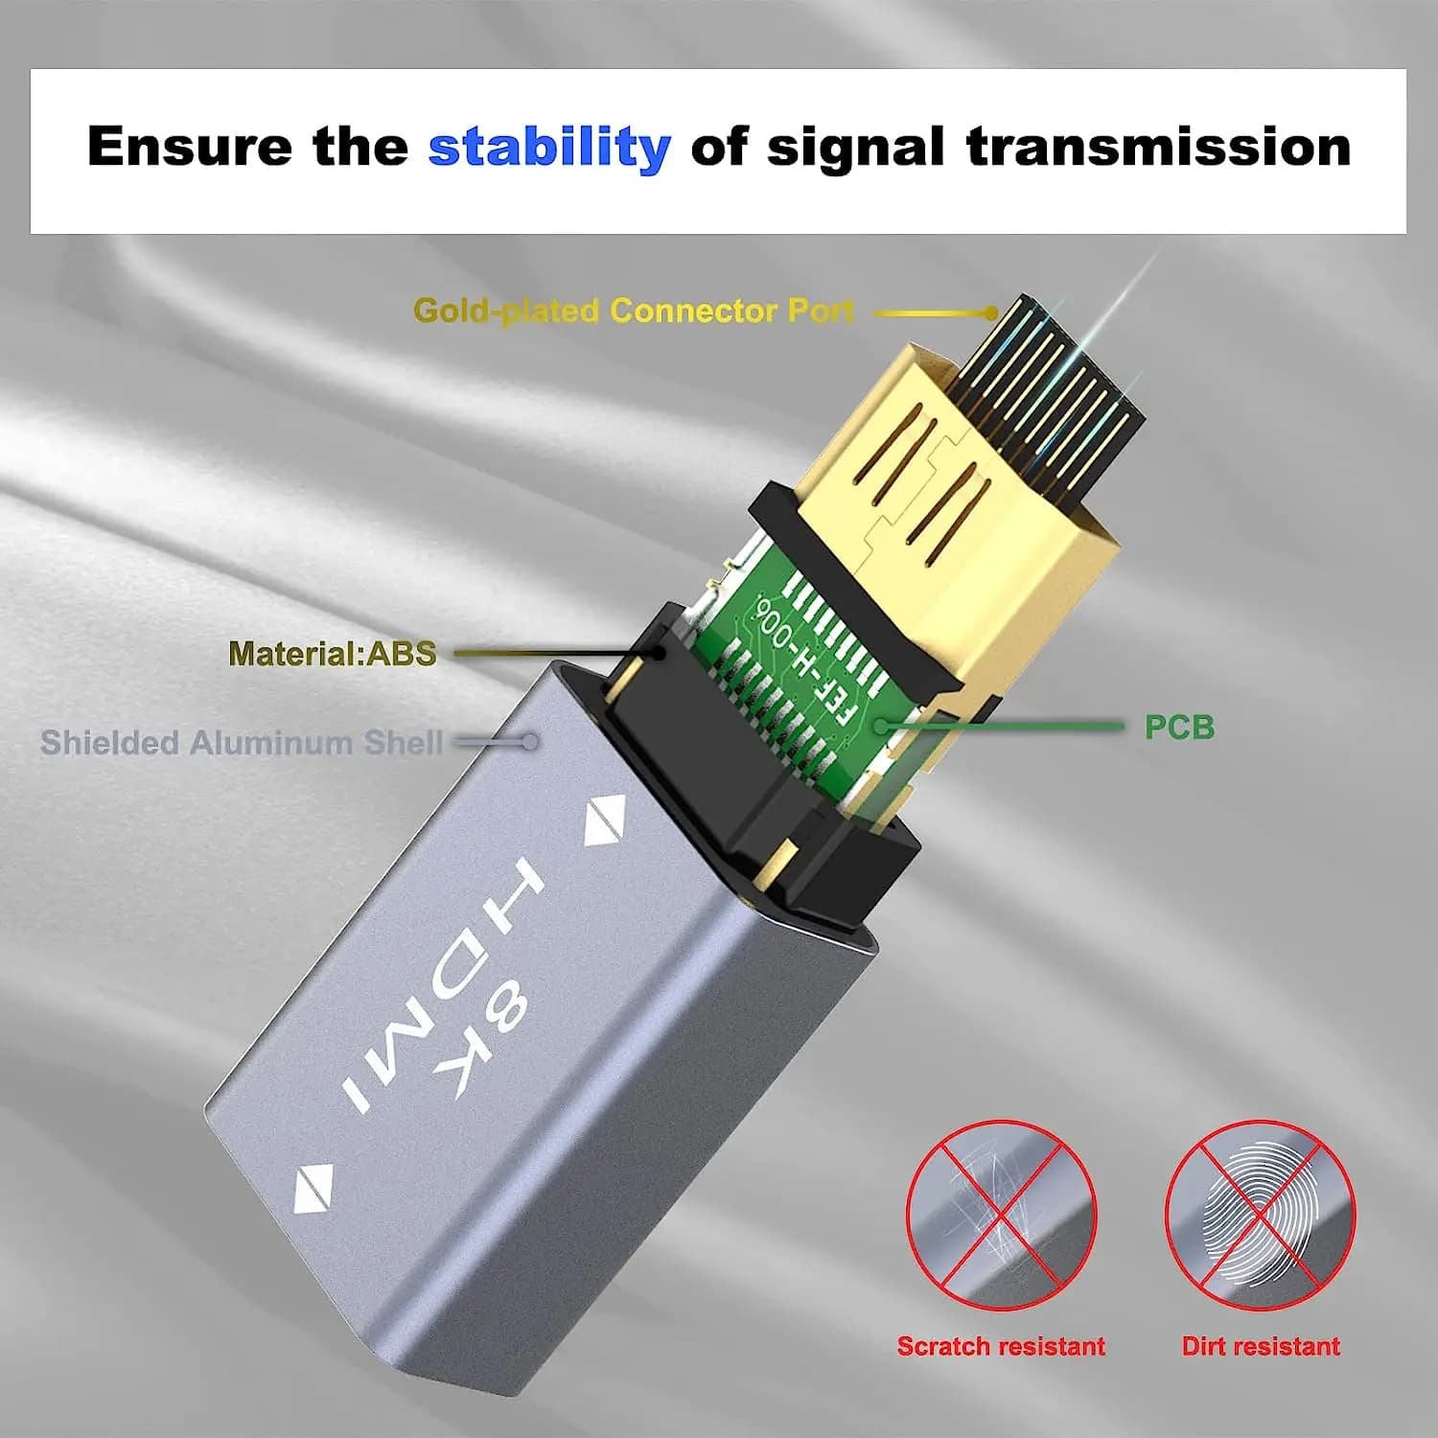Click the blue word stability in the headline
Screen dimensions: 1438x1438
coord(549,148)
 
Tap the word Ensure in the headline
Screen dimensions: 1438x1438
coord(190,147)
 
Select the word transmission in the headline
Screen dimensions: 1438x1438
coord(1158,147)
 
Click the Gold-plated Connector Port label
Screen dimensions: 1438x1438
coord(634,311)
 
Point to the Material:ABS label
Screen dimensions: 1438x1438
coord(333,654)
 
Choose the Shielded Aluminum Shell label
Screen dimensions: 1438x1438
coord(242,742)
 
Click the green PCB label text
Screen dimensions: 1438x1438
coord(1179,728)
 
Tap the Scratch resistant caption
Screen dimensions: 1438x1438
coord(1001,1346)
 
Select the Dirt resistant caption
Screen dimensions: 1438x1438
coord(1261,1346)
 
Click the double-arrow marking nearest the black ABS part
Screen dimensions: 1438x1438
coord(606,821)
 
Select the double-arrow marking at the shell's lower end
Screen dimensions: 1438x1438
coord(313,1189)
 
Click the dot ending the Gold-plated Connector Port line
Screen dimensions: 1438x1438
coord(991,313)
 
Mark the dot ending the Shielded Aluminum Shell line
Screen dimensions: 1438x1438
coord(528,742)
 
